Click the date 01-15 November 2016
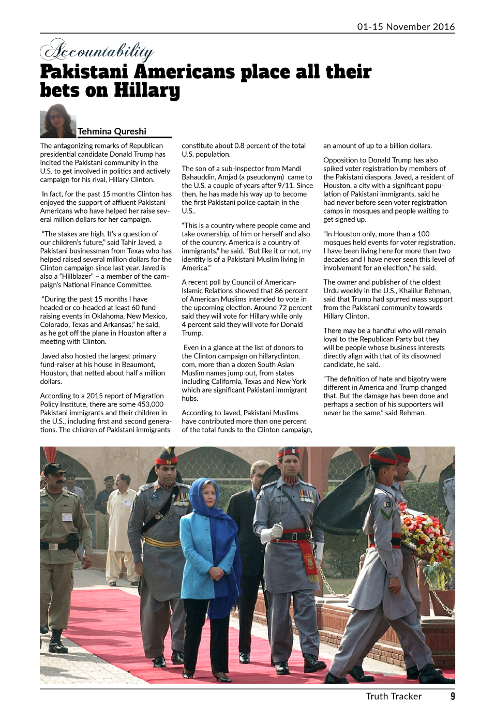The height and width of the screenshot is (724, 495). (x=406, y=26)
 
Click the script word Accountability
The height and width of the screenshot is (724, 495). (x=97, y=51)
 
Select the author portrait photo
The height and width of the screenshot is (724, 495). (x=57, y=122)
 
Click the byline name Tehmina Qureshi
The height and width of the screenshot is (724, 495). (x=112, y=131)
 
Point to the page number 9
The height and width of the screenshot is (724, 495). (x=453, y=696)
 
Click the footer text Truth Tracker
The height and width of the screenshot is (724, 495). (x=394, y=696)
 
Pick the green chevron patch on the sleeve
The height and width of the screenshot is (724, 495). (x=386, y=514)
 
